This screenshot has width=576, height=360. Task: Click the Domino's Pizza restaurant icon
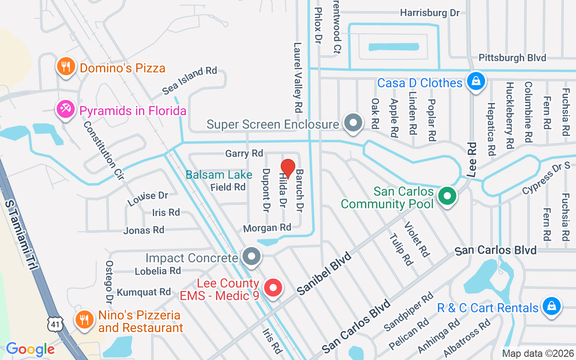[66, 67]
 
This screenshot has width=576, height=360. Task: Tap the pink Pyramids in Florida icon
[66, 109]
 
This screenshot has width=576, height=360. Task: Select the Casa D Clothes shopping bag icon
[474, 81]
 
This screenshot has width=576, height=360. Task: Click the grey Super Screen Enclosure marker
[353, 122]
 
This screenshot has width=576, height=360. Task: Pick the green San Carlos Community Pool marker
[447, 196]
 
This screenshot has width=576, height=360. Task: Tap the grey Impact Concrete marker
[252, 256]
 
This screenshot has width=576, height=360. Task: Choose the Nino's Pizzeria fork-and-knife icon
[84, 319]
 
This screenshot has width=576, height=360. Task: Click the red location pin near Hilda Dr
[288, 168]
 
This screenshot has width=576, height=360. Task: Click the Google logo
[30, 349]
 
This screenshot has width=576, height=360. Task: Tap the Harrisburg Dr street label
[430, 13]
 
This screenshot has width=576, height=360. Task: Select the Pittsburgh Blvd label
[512, 58]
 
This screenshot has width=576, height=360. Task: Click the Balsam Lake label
[219, 175]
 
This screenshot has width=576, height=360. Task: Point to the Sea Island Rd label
[189, 80]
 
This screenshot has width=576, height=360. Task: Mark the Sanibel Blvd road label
[324, 274]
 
